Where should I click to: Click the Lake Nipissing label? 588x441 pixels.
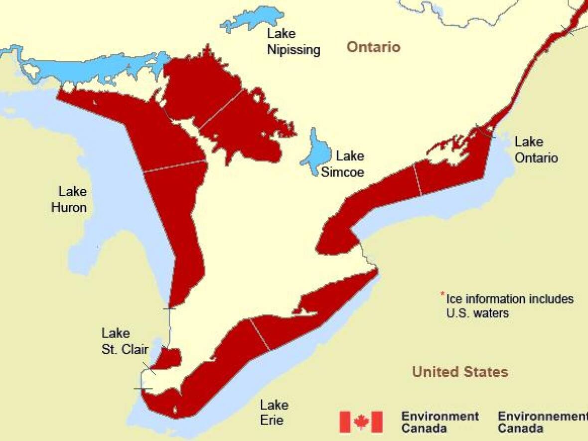[294, 42]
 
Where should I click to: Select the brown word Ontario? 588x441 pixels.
[373, 47]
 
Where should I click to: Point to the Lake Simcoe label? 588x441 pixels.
[343, 164]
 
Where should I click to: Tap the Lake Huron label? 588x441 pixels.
[69, 199]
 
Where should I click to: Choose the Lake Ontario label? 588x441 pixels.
[536, 150]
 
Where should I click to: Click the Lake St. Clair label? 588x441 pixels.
[124, 341]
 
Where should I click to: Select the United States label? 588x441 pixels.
[460, 372]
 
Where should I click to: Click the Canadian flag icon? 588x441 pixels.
[361, 422]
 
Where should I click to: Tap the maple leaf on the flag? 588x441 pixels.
[361, 422]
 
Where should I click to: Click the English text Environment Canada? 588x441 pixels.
[440, 422]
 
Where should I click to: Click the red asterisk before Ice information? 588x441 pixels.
[442, 294]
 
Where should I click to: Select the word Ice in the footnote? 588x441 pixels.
[453, 299]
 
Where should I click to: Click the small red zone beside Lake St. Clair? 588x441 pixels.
[170, 358]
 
